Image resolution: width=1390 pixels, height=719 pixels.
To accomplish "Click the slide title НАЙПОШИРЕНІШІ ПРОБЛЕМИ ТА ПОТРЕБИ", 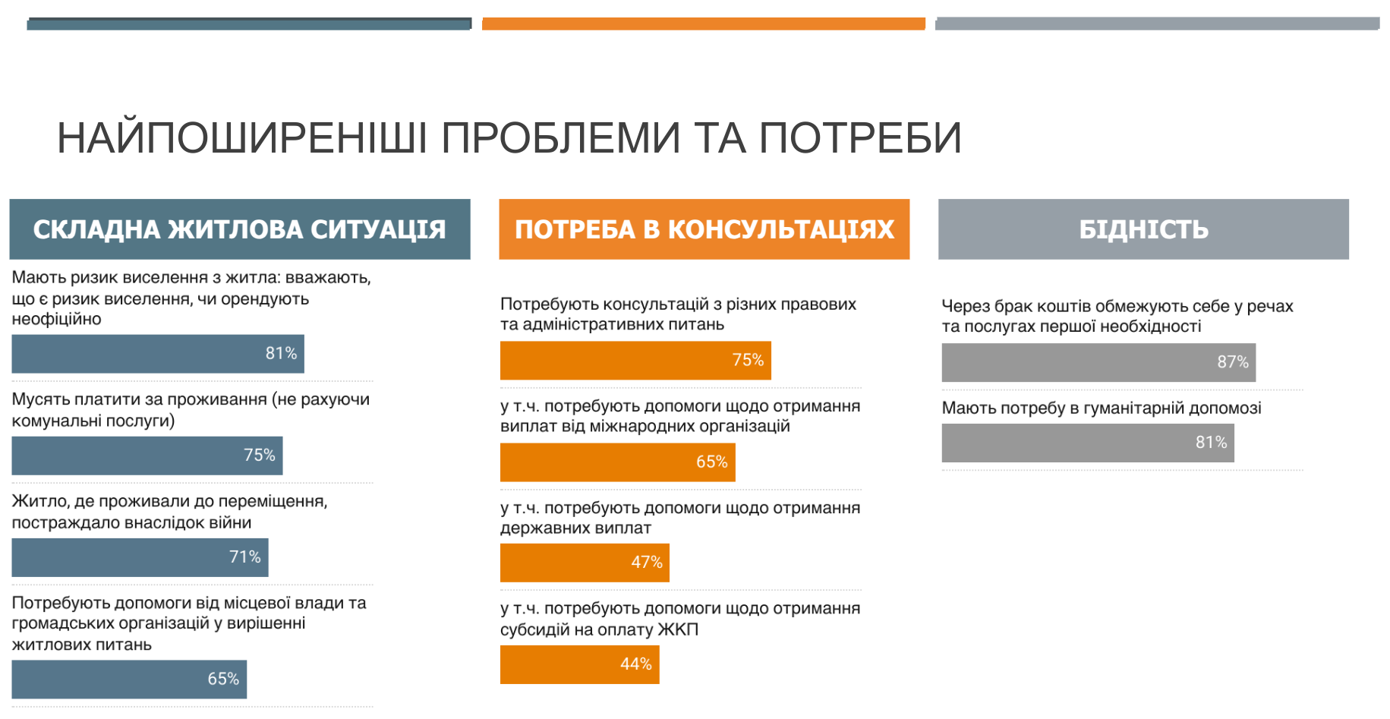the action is (x=509, y=137).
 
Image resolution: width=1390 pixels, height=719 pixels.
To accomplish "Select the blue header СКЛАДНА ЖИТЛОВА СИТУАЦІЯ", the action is (x=240, y=229).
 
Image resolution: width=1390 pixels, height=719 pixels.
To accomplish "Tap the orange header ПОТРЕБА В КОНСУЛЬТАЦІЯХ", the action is (x=704, y=229).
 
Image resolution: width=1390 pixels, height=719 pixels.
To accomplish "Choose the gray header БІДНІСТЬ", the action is (x=1143, y=229).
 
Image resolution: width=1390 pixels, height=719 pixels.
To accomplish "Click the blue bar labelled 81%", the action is (x=158, y=354).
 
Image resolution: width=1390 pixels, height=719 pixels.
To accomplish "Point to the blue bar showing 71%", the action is (x=140, y=557).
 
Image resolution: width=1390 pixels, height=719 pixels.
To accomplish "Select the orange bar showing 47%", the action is (x=585, y=563).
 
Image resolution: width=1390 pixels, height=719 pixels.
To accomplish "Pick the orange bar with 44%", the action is (x=579, y=664).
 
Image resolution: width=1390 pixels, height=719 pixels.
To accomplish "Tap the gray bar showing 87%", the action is (x=1098, y=362).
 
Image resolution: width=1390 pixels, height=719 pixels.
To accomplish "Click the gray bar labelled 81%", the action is (x=1088, y=443).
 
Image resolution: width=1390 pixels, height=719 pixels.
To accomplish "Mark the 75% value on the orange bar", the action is (x=748, y=360).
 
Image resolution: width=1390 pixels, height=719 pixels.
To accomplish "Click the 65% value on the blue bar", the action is (x=223, y=679).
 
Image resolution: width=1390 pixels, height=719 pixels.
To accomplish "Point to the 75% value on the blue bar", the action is (x=259, y=455).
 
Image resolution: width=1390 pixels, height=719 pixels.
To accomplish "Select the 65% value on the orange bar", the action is (x=711, y=462).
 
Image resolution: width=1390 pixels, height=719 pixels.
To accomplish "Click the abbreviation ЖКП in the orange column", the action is (x=678, y=629).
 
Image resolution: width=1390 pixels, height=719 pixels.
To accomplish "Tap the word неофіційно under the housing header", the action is (x=56, y=320).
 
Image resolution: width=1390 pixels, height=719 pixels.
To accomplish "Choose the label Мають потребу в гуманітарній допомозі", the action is (x=1102, y=408).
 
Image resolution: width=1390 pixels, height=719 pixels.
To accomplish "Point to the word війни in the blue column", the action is (x=232, y=522).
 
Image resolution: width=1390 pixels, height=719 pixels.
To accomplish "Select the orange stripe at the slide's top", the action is (x=704, y=24).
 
